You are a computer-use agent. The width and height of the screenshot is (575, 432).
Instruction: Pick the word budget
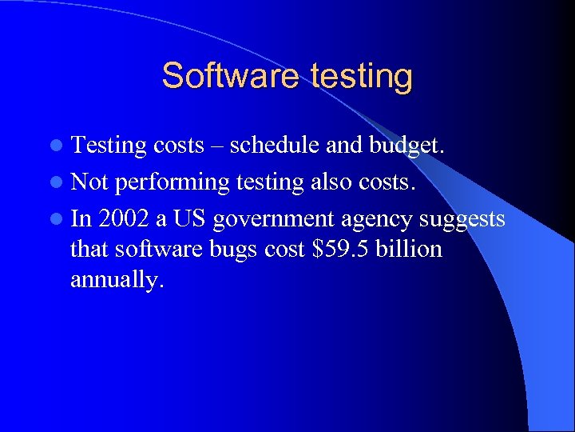coord(405,146)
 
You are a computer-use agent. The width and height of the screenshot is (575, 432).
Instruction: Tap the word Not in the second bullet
coord(89,182)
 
